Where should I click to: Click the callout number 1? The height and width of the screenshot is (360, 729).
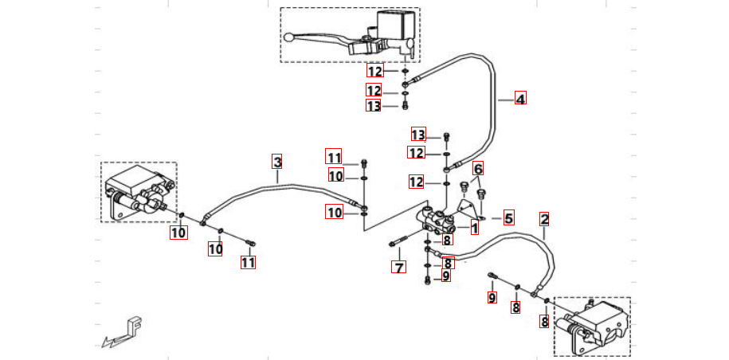click(474, 229)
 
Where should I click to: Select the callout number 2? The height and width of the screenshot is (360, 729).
click(544, 218)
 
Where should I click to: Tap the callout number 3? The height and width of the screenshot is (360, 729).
click(277, 162)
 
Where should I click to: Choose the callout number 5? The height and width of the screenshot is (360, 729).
click(508, 217)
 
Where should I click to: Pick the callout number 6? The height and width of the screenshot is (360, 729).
click(478, 169)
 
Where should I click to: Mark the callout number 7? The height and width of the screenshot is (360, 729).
click(398, 267)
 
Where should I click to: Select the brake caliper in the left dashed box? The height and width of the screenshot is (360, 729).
click(135, 195)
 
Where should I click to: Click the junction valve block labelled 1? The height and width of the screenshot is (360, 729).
click(434, 220)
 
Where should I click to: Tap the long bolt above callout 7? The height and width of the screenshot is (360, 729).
click(399, 243)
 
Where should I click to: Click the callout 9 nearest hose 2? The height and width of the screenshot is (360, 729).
click(492, 298)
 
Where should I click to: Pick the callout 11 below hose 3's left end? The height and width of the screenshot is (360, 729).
click(248, 261)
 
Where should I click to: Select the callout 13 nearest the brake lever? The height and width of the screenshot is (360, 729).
click(374, 106)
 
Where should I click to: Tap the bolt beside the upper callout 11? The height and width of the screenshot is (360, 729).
click(364, 162)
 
